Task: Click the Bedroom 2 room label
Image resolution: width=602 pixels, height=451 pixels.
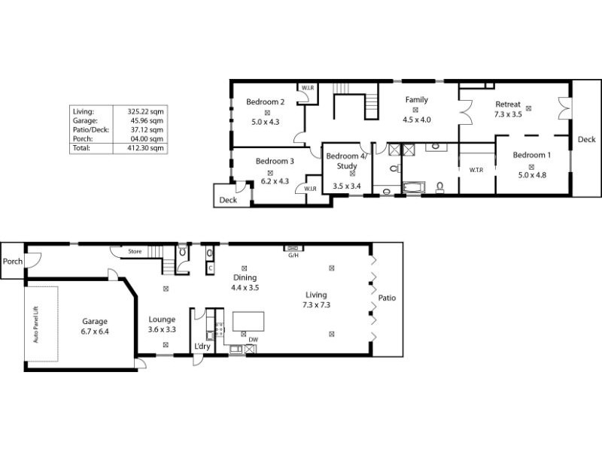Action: click(x=265, y=103)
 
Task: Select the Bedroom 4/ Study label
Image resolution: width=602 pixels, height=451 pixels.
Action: click(x=347, y=160)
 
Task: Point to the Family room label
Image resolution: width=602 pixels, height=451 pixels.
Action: click(x=416, y=100)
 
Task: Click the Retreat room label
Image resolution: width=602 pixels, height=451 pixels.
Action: click(x=508, y=104)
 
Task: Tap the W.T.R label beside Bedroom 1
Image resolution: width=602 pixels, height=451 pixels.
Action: click(x=476, y=170)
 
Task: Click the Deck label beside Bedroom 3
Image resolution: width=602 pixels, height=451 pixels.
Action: click(x=228, y=201)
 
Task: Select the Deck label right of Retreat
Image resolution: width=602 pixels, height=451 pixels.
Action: click(x=586, y=140)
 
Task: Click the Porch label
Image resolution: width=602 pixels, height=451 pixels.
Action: click(x=13, y=262)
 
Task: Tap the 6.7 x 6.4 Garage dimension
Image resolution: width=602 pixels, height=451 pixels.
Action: click(x=95, y=331)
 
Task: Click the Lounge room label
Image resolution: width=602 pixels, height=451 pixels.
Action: click(x=162, y=319)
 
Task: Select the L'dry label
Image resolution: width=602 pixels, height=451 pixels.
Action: click(x=202, y=347)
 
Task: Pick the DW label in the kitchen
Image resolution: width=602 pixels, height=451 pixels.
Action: click(x=254, y=339)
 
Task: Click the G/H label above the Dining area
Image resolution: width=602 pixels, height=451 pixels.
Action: click(x=293, y=255)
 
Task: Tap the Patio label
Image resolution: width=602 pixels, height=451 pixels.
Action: click(x=387, y=298)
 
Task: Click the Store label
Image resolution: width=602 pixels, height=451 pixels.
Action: click(x=135, y=251)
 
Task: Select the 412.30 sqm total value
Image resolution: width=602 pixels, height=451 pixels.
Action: click(x=146, y=148)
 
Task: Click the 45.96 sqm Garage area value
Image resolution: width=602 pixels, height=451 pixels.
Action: click(x=146, y=120)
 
